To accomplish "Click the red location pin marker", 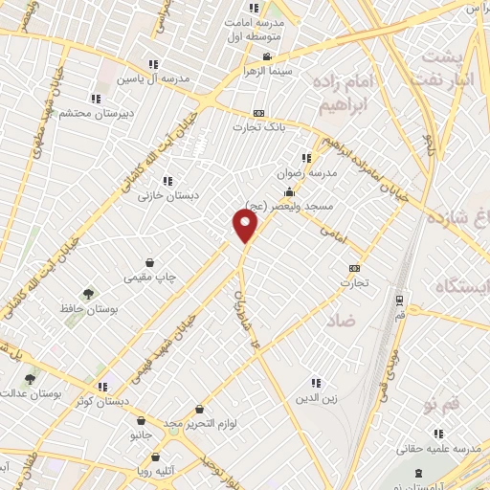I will pos(246,226).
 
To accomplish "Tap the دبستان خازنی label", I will pos(167,195).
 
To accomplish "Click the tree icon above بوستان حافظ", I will pos(88,294).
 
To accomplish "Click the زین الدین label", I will pos(315,398).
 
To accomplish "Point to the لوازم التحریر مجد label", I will pos(211,422).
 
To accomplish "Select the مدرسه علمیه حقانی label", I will pos(438,449).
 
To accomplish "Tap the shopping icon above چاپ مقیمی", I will pos(150,261).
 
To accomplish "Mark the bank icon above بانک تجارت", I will pos(258,112).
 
